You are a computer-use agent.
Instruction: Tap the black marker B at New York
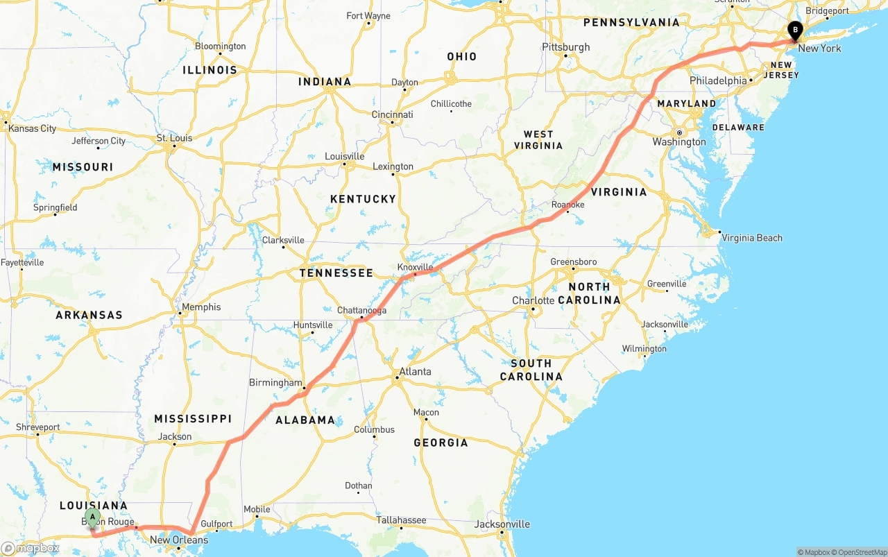(x=795, y=31)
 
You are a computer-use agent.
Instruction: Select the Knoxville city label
(x=415, y=267)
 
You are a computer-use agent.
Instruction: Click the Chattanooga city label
(x=361, y=310)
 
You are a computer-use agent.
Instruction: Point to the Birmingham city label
(x=275, y=383)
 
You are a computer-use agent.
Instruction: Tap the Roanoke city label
(x=567, y=205)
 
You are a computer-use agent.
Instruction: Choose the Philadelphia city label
(x=718, y=80)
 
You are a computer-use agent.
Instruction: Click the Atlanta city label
(x=415, y=372)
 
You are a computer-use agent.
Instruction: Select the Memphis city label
(x=201, y=307)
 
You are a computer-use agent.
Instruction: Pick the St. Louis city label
(x=174, y=138)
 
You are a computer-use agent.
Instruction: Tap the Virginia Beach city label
(x=752, y=238)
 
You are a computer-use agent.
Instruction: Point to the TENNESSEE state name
(x=336, y=273)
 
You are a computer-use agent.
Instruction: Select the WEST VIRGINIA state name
(x=538, y=139)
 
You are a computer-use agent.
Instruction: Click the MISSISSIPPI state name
(x=193, y=419)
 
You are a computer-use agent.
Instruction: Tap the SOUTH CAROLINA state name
(x=531, y=370)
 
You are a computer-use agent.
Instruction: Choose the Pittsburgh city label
(x=566, y=47)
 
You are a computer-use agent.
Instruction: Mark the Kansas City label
(x=32, y=128)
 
